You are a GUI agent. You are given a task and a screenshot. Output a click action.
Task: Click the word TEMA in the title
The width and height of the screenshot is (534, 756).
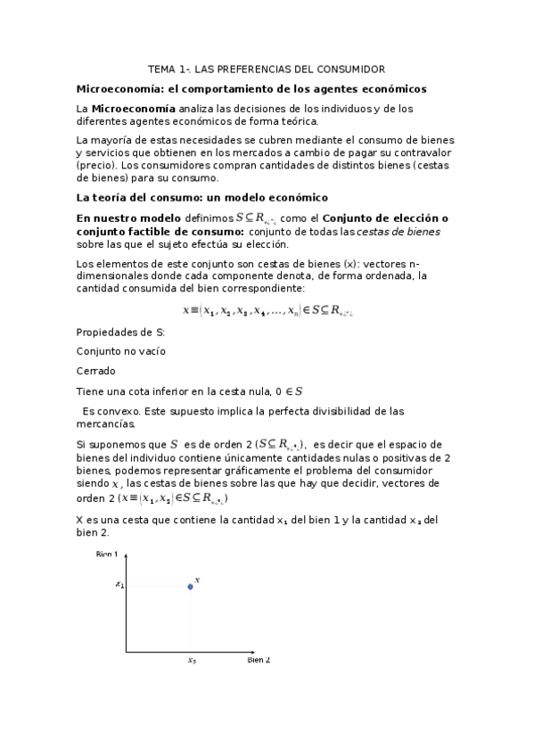coord(162,69)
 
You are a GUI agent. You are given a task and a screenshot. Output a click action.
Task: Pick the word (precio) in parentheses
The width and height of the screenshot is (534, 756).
coord(96,165)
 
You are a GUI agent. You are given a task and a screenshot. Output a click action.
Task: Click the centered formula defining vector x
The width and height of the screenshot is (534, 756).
coord(267,310)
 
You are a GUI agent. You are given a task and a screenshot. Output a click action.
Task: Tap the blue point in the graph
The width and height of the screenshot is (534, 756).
coord(190,586)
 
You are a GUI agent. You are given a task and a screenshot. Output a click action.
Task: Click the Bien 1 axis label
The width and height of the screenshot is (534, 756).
coord(108,555)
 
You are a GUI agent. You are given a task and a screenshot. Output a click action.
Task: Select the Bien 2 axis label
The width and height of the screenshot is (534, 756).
coord(258,660)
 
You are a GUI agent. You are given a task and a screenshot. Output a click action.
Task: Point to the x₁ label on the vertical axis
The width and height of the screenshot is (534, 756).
coord(119,585)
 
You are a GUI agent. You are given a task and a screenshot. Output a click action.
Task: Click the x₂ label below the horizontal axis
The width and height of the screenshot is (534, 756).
coord(192,661)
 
